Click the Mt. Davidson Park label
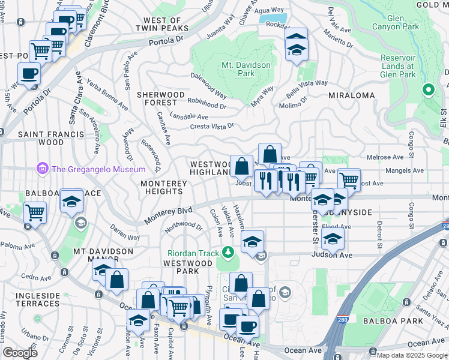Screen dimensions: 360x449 246,69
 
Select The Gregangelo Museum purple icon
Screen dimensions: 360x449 42,169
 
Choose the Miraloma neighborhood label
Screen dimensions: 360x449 351,95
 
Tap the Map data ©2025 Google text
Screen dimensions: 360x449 411,355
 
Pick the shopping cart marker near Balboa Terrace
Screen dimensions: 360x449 35,212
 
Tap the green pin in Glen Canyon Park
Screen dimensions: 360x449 427,91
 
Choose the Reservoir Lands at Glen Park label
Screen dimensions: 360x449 398,66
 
